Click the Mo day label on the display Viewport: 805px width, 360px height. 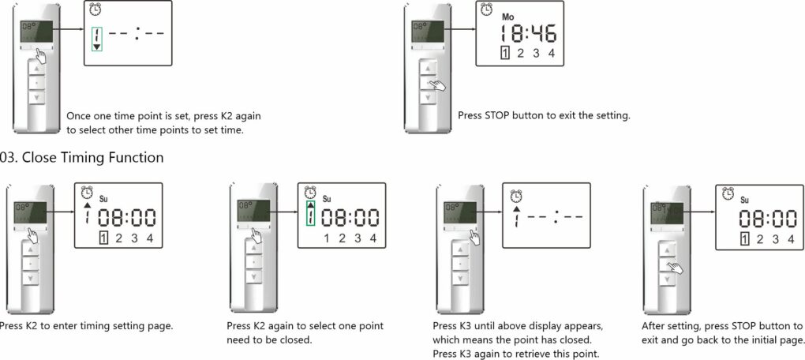click(508, 17)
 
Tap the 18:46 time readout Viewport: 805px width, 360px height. click(528, 34)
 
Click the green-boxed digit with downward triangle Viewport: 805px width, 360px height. click(96, 39)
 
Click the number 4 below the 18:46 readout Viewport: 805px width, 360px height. click(551, 53)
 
